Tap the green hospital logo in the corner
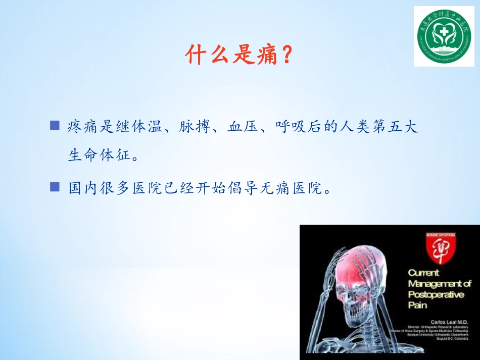(444, 36)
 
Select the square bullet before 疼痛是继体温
(55, 125)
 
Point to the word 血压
(239, 127)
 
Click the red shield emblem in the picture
(439, 251)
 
